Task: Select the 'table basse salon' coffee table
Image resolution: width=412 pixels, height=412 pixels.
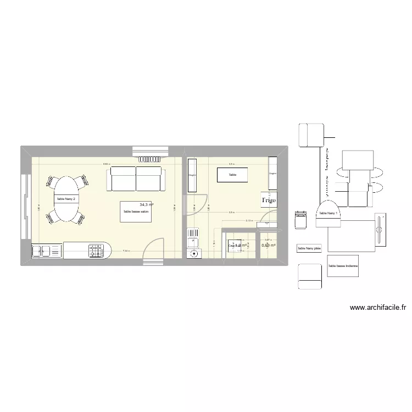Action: tap(136, 211)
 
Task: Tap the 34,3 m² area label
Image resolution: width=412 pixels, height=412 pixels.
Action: tap(147, 204)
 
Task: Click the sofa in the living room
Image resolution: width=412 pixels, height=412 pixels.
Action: tap(136, 179)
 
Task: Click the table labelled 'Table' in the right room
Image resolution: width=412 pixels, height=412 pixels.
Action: tap(232, 175)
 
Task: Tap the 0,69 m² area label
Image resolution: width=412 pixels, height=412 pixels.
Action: tap(268, 245)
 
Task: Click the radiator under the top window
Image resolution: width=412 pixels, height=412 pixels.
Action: tap(151, 159)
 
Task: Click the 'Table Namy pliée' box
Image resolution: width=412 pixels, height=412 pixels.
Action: tap(309, 249)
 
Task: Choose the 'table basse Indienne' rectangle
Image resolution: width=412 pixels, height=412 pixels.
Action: tap(343, 266)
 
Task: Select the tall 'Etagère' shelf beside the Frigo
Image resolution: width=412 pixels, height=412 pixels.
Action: tap(272, 173)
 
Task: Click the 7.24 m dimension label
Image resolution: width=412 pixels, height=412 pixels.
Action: tap(126, 251)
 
